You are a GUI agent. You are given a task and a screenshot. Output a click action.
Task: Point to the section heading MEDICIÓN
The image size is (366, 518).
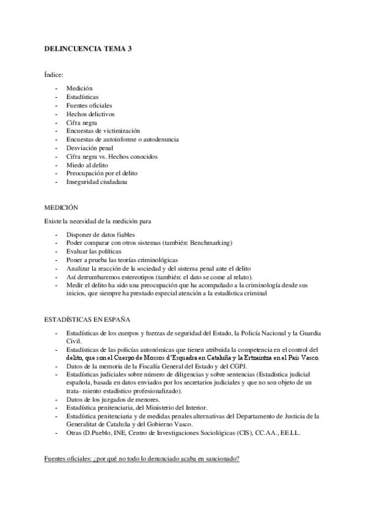tap(61, 208)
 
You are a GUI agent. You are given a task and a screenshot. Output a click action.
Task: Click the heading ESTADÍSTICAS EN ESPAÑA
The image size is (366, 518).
tap(86, 319)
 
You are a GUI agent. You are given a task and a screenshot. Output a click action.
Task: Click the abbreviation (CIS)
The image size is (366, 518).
tap(246, 433)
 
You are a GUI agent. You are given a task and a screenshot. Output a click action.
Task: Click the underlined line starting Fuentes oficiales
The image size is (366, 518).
tap(142, 458)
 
